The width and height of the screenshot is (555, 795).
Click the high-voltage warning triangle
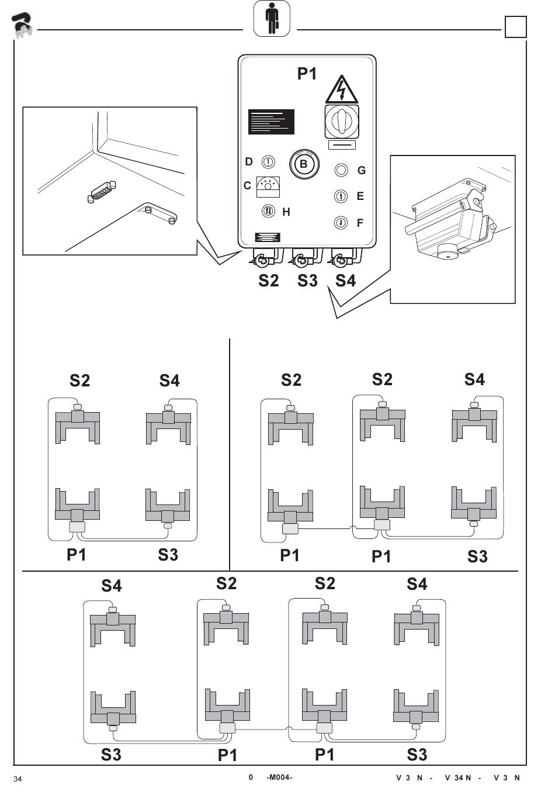point(342,91)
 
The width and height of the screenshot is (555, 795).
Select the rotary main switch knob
point(342,121)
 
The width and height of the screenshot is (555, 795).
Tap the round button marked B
point(304,164)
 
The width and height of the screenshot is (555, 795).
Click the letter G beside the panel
point(362,171)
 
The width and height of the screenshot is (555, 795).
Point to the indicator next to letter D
point(268,162)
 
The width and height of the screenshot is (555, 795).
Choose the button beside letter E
point(341,196)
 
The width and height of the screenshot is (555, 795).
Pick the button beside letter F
point(341,223)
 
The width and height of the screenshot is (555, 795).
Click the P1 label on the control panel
point(307,74)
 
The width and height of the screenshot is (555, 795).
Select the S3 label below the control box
point(307,281)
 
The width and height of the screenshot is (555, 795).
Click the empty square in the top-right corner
point(515,26)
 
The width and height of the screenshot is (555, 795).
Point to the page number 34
point(18,779)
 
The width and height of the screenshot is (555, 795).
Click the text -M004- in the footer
point(279,777)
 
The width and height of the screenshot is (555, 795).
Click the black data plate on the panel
point(271,122)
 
